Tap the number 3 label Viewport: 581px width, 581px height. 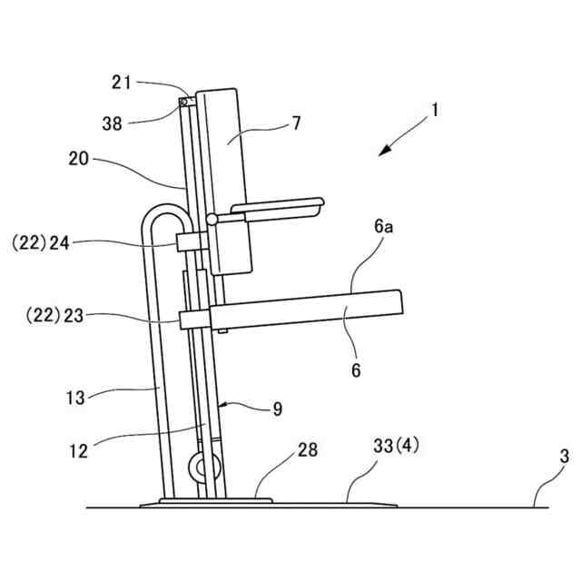click(x=564, y=456)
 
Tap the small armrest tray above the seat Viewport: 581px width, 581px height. click(x=276, y=208)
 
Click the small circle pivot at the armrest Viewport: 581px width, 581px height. click(x=212, y=219)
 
